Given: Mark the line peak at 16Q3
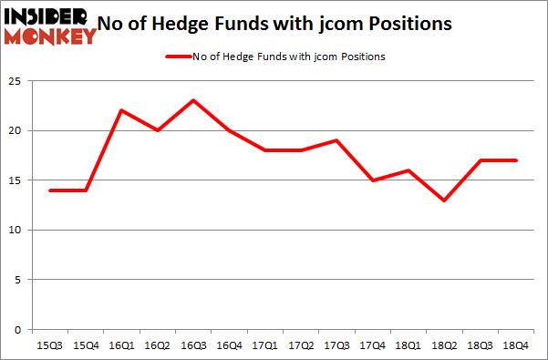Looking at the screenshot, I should tap(192, 100).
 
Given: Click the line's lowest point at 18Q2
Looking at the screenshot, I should tap(442, 201).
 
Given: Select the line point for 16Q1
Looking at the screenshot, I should tap(121, 110).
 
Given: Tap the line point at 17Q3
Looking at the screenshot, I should tap(336, 140).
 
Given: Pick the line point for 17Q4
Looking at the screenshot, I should tap(371, 180).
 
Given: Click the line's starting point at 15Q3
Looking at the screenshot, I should tap(50, 190).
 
